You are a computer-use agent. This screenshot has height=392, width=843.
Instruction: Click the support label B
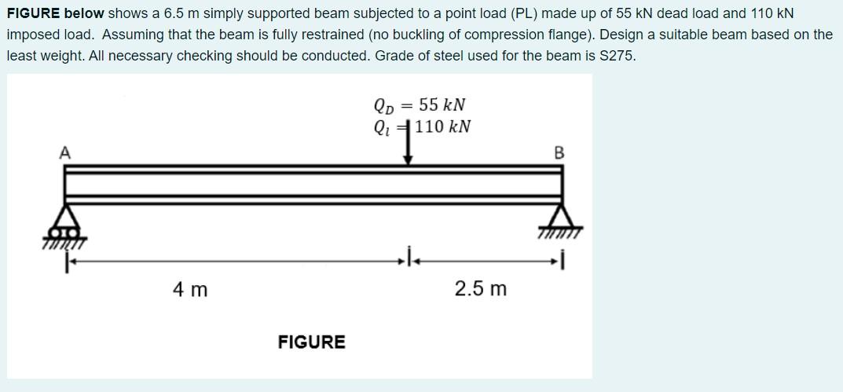click(559, 152)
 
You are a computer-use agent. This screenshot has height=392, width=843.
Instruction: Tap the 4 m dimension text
click(190, 290)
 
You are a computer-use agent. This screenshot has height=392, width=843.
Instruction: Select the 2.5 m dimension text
click(481, 289)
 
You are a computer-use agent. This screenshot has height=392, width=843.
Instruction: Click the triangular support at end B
click(561, 218)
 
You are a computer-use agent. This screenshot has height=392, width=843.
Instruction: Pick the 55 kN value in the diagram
click(442, 105)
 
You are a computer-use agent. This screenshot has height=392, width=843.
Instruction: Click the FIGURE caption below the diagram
click(311, 342)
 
